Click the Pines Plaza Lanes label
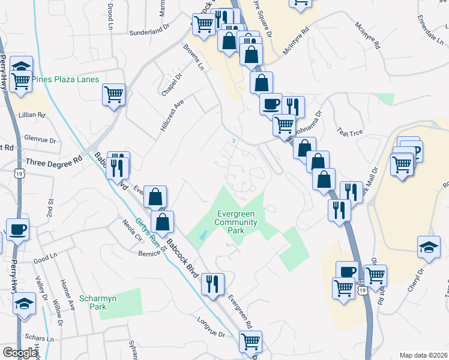(x=65, y=79)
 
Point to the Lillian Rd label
(x=32, y=115)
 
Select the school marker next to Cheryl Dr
(x=429, y=247)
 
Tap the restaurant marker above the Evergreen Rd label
(x=212, y=283)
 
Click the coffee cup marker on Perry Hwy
(x=17, y=229)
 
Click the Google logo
(x=20, y=353)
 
